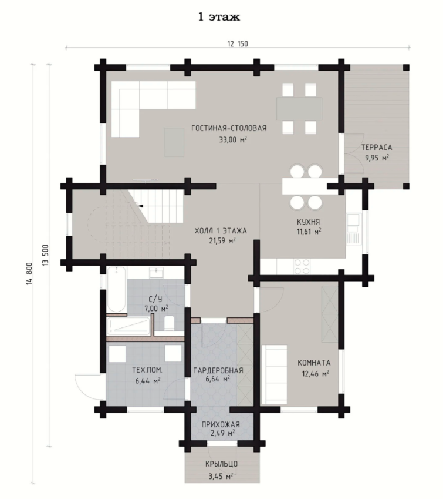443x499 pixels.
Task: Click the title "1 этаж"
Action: (x=219, y=17)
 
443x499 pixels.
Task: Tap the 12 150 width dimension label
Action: (x=238, y=43)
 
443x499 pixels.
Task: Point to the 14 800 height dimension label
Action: (x=29, y=274)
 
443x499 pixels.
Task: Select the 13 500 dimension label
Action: (x=45, y=255)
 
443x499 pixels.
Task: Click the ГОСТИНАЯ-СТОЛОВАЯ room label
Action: (x=229, y=128)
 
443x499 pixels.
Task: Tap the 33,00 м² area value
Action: (x=233, y=139)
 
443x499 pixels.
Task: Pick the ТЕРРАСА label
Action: (x=377, y=148)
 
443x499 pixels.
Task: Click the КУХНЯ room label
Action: (x=308, y=222)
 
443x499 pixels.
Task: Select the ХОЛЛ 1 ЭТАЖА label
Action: (x=221, y=231)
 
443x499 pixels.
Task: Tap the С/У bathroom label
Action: (x=155, y=299)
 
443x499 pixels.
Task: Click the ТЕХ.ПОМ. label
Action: (x=147, y=370)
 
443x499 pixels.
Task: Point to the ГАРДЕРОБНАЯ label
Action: (x=218, y=370)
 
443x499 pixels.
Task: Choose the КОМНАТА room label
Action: (x=314, y=363)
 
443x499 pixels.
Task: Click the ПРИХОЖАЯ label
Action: (x=221, y=424)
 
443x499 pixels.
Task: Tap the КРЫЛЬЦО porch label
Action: (x=222, y=464)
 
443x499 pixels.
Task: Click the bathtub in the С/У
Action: (x=116, y=290)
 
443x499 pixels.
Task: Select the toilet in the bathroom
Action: (x=169, y=323)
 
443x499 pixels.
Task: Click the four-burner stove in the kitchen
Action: (x=302, y=267)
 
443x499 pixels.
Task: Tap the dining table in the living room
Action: (x=299, y=109)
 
